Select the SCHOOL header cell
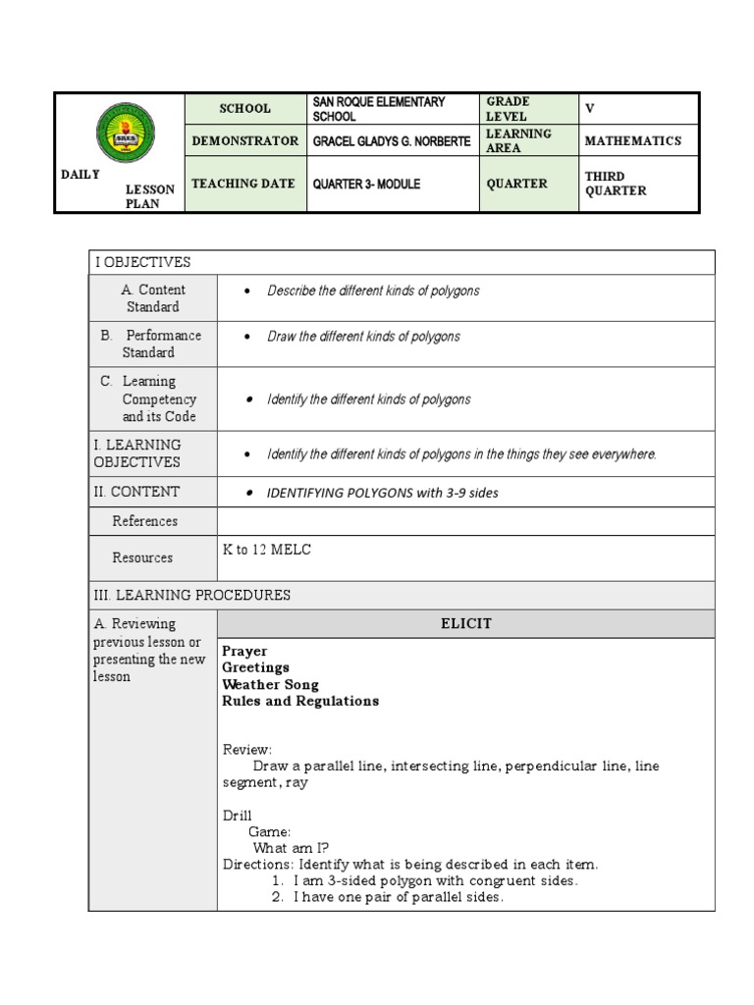tap(244, 109)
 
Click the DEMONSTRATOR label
tap(244, 141)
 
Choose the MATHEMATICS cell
tap(632, 141)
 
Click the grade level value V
tap(590, 108)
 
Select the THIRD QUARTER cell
tap(616, 184)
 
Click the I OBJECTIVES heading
tap(142, 262)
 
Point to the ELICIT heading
tap(467, 624)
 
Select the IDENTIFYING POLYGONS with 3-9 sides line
tap(383, 493)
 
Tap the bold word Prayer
tap(244, 651)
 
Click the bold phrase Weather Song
tap(270, 684)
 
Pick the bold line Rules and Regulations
tap(300, 701)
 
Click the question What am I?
tap(291, 848)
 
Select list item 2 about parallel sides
tap(387, 898)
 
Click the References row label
tap(144, 521)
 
